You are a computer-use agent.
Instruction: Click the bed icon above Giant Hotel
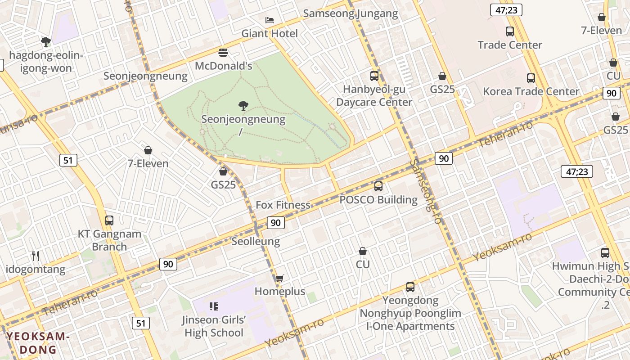click(x=269, y=20)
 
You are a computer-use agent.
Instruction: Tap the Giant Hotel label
click(x=270, y=33)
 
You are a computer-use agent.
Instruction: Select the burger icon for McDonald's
click(x=223, y=53)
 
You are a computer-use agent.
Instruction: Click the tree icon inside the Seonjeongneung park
click(x=243, y=106)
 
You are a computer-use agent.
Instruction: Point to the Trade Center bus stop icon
click(x=509, y=31)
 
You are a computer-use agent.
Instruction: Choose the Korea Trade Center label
click(x=531, y=91)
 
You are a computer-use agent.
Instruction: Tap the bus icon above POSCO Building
click(x=378, y=186)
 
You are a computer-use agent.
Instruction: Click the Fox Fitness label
click(x=283, y=205)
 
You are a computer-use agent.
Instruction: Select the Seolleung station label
click(x=256, y=242)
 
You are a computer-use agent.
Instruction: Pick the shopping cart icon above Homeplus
click(x=279, y=278)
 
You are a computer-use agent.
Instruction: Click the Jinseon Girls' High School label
click(x=214, y=326)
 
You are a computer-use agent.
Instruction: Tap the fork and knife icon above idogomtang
click(x=36, y=256)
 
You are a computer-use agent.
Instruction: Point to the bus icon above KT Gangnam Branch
click(x=109, y=220)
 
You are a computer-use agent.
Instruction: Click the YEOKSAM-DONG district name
click(x=38, y=343)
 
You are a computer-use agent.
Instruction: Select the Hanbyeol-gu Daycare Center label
click(x=374, y=95)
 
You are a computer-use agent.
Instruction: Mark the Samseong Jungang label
click(x=351, y=13)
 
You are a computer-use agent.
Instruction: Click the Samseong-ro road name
click(x=426, y=191)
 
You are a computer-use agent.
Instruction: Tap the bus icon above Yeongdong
click(x=410, y=287)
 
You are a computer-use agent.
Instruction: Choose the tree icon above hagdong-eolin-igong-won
click(x=45, y=42)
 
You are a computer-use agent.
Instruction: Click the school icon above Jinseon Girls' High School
click(x=214, y=307)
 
